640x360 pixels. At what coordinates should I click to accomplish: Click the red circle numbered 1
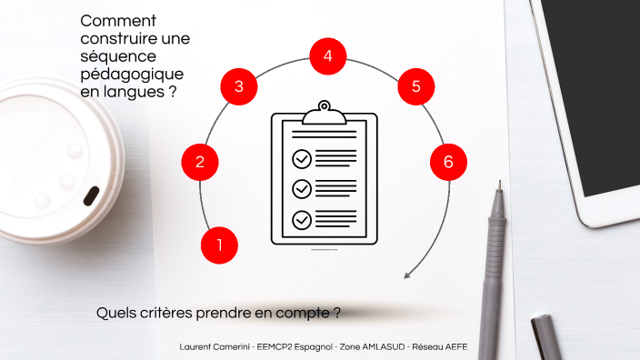(219, 244)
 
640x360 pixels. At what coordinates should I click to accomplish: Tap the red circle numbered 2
(200, 163)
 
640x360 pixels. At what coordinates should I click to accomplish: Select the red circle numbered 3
(238, 87)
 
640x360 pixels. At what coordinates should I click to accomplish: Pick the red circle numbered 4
(327, 56)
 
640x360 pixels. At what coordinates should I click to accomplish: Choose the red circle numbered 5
(415, 87)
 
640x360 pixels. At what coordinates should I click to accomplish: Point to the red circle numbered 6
(448, 163)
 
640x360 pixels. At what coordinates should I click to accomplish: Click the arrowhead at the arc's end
(407, 275)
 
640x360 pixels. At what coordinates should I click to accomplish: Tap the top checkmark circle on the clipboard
(301, 159)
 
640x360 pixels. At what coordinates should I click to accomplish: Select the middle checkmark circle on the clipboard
(301, 189)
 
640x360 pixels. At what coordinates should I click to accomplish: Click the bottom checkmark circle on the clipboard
(301, 219)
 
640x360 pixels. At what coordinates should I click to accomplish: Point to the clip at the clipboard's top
(325, 114)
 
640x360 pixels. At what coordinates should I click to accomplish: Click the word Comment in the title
(118, 21)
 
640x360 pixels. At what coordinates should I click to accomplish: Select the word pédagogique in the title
(132, 74)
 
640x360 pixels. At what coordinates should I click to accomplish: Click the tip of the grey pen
(497, 184)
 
